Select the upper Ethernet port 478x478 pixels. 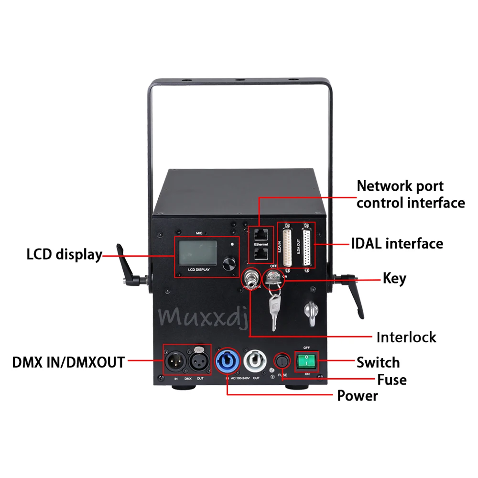tap(261, 234)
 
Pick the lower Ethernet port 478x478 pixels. tap(261, 255)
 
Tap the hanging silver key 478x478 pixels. tap(274, 308)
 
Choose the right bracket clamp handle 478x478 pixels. tap(351, 289)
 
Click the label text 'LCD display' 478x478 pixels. tap(64, 254)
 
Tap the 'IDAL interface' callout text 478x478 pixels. tap(398, 244)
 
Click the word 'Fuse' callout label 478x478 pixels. tap(391, 380)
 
